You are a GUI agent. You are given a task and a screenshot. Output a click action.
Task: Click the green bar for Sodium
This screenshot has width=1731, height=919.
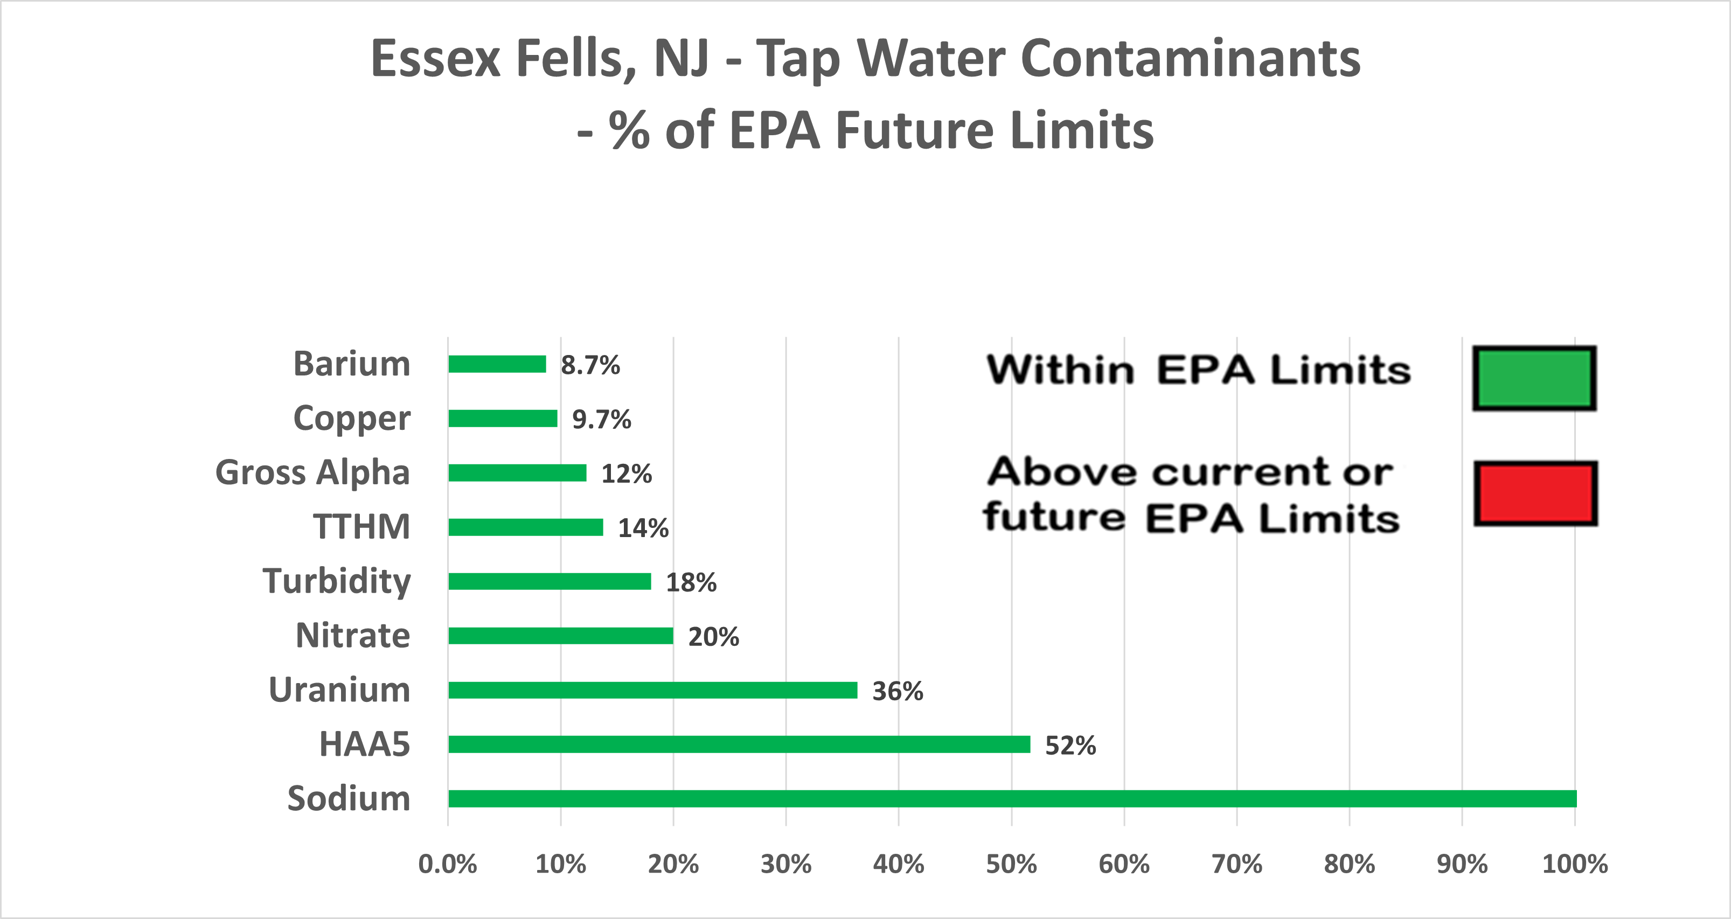[x=1012, y=799]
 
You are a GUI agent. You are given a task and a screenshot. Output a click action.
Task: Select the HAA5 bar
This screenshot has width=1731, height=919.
[x=739, y=744]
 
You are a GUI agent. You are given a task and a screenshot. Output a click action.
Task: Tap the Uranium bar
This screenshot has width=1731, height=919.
[x=652, y=690]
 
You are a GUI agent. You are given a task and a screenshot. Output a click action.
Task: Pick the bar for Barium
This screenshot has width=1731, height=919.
[x=497, y=364]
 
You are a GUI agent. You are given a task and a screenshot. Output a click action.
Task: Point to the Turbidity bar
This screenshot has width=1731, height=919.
[x=550, y=581]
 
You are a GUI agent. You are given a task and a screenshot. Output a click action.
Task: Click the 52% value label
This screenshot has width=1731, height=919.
[x=1070, y=746]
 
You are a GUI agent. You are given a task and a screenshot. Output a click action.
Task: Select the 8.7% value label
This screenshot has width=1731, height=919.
[x=590, y=365]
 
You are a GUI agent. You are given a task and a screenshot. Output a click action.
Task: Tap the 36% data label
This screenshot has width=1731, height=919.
[x=898, y=691]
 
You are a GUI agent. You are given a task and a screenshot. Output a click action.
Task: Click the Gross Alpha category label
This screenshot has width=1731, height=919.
[x=312, y=472]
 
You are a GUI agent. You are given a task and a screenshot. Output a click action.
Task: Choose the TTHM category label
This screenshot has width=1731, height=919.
[x=362, y=527]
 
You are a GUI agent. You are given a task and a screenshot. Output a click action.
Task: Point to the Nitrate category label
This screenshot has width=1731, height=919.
[x=353, y=636]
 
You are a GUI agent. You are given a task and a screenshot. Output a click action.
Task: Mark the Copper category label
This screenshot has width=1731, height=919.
[x=351, y=419]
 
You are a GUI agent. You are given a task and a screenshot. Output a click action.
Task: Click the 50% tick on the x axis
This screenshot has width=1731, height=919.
[x=1011, y=864]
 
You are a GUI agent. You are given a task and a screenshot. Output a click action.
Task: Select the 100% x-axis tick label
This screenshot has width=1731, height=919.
[x=1574, y=864]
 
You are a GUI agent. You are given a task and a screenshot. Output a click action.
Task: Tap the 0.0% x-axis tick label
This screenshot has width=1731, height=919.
[x=448, y=864]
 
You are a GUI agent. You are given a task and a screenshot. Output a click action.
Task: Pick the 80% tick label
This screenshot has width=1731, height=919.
[x=1350, y=864]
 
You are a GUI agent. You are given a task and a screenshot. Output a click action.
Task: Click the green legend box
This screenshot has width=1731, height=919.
[x=1534, y=378]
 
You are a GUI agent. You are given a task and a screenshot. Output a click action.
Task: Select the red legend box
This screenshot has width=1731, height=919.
[x=1535, y=493]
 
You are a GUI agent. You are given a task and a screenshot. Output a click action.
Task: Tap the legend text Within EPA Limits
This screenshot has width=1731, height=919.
[x=1198, y=370]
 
